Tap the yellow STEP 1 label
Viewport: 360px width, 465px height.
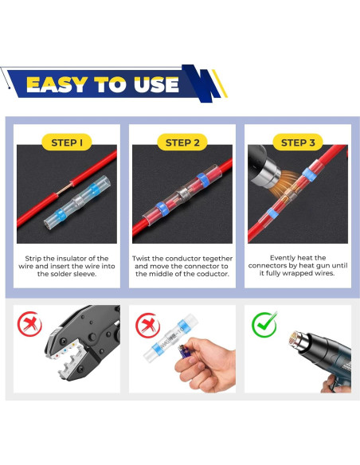(x=66, y=143)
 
